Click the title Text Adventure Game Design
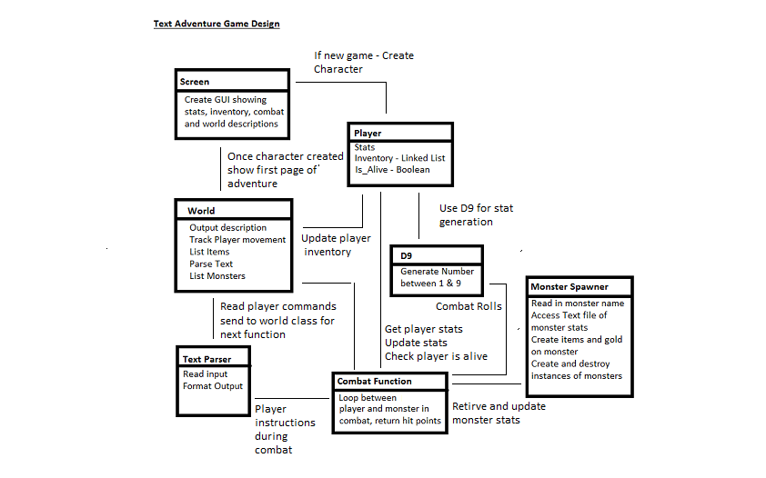tap(217, 24)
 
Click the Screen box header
tap(195, 82)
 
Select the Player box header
tap(368, 134)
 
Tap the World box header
tap(201, 211)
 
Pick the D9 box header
tap(407, 256)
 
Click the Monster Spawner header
tap(569, 287)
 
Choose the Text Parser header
tap(207, 360)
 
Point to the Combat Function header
tap(374, 382)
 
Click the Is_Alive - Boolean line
tap(392, 170)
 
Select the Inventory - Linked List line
tap(399, 158)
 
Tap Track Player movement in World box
tap(237, 240)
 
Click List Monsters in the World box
tap(217, 276)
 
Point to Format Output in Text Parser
tap(213, 386)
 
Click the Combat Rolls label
tap(469, 306)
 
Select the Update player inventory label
tap(336, 244)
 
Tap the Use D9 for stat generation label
tap(477, 215)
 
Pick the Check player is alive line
tap(437, 356)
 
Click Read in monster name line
tap(578, 304)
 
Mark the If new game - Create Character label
tap(364, 63)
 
